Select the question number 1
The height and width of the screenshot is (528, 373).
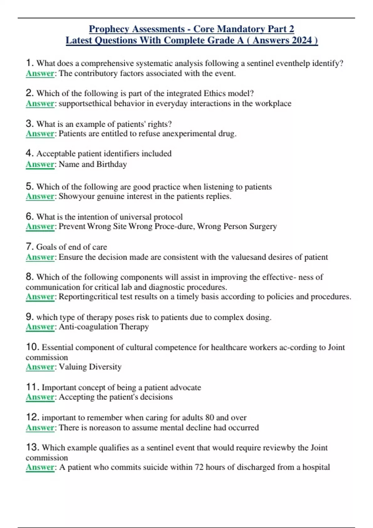tap(30, 63)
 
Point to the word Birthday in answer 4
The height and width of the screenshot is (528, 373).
tap(112, 164)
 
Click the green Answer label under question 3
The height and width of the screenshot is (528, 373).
tap(40, 134)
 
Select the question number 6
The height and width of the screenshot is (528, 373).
tap(30, 216)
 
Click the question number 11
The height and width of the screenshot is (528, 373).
tap(32, 387)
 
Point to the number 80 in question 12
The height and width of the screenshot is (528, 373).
tap(210, 417)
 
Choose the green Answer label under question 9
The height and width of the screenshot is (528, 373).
tap(40, 327)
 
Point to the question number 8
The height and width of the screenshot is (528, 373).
tap(30, 276)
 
